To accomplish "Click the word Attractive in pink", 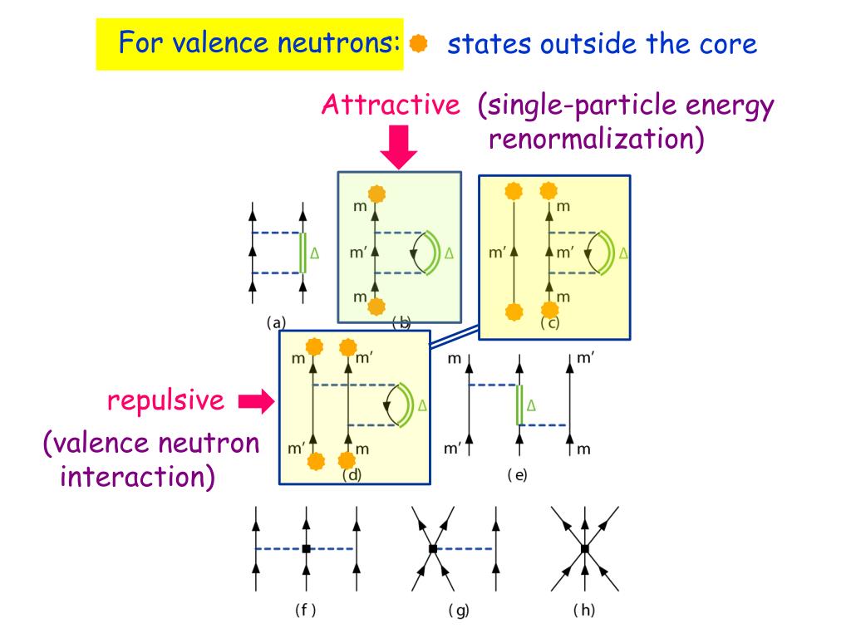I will point(391,106).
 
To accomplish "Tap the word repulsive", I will point(165,400).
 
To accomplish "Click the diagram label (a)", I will point(277,323).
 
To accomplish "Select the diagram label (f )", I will point(306,611).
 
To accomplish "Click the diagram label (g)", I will point(459,611).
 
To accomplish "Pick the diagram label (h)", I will point(584,611).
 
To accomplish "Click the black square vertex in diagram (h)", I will point(585,549).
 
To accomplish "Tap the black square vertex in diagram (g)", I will point(433,549).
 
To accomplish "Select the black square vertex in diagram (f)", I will point(306,549).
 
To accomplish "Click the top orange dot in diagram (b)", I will point(376,194).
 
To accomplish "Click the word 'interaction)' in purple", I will point(137,478).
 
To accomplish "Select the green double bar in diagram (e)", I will point(519,405).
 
